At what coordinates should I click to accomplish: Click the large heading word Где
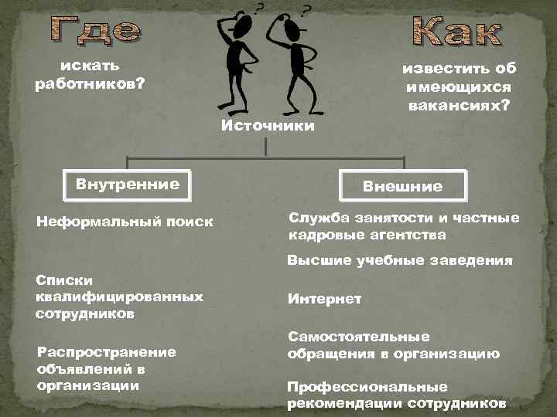tap(96, 29)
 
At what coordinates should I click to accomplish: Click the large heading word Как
tap(456, 30)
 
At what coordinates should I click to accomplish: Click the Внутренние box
tap(128, 185)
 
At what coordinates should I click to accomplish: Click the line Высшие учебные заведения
tap(399, 261)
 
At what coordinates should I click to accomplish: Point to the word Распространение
tap(106, 351)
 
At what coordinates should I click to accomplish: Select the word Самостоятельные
tap(358, 337)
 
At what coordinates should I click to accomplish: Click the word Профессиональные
tap(367, 386)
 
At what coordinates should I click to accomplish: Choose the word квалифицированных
tap(119, 297)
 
